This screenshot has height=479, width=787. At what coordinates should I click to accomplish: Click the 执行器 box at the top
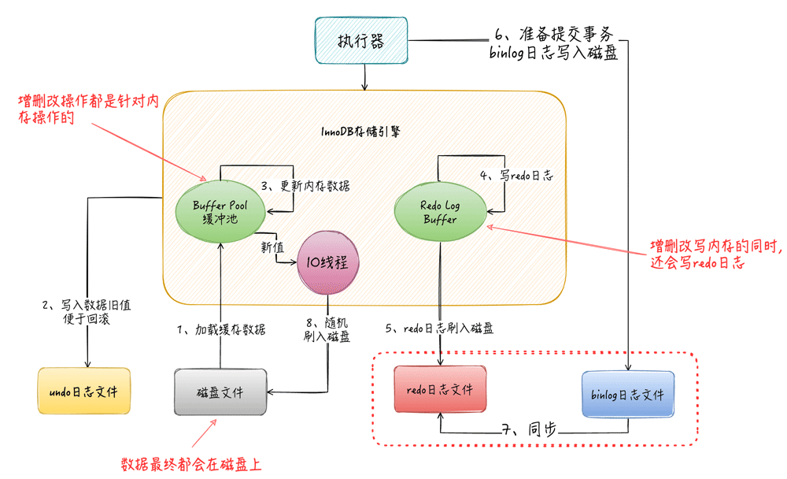363,39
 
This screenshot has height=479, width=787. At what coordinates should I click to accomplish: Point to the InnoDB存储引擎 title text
363,132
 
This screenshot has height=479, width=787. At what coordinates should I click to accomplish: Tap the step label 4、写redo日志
516,176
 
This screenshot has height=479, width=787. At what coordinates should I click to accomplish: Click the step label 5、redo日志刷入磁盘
440,329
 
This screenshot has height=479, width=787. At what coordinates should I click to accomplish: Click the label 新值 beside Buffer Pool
272,247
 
